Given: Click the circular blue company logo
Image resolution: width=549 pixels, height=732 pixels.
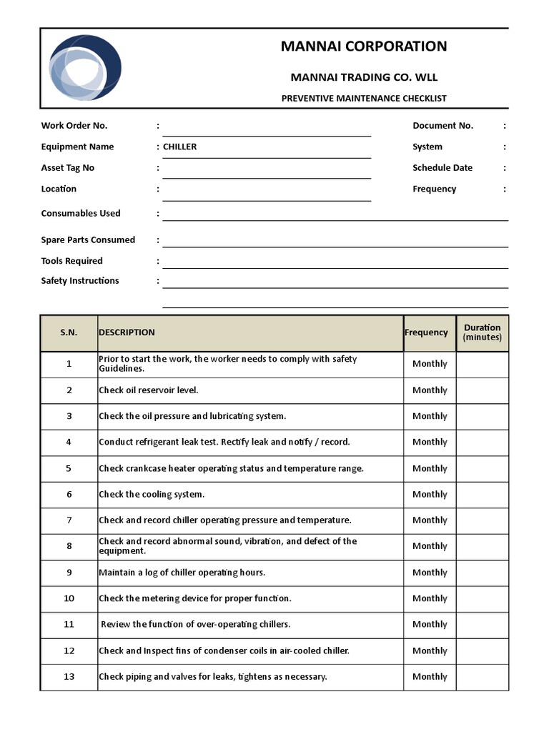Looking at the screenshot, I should point(85,68).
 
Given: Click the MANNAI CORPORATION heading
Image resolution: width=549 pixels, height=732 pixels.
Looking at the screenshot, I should point(364,46).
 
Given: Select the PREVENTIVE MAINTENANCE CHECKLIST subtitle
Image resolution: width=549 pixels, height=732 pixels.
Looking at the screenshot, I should point(364,99).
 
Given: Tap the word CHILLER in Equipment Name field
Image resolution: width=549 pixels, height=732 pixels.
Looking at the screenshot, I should point(180,147).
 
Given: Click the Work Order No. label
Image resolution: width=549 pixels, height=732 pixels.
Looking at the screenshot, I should point(74,126).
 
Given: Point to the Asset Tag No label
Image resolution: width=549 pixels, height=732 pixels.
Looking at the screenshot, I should point(68,168).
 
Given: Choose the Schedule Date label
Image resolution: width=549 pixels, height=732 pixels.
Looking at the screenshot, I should point(442,168).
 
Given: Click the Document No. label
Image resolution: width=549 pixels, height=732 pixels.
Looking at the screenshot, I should point(442,126).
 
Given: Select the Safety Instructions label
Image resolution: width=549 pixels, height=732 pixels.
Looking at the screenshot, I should point(80,281).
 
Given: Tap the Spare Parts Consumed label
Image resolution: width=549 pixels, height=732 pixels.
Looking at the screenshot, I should point(88,240).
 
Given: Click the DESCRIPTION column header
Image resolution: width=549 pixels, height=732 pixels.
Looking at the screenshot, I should point(127,332).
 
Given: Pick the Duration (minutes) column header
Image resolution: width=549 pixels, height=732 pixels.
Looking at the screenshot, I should point(483,332).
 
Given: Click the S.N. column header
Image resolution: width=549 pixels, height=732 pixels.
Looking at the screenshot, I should point(69,332).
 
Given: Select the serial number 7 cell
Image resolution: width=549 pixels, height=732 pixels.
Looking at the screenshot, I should point(69,520).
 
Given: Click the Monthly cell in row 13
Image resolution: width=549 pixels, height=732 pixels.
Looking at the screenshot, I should point(430,677).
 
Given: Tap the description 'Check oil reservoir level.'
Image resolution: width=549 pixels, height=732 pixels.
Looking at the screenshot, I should point(149,390).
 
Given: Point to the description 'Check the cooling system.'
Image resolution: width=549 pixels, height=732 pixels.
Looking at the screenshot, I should point(152,495).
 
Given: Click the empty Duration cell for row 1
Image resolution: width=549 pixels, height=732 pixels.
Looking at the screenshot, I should point(483,364).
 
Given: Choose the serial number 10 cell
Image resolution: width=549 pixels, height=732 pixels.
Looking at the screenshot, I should point(69,598).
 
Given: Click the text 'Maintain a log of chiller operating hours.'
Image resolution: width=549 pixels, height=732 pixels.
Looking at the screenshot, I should point(182,573).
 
